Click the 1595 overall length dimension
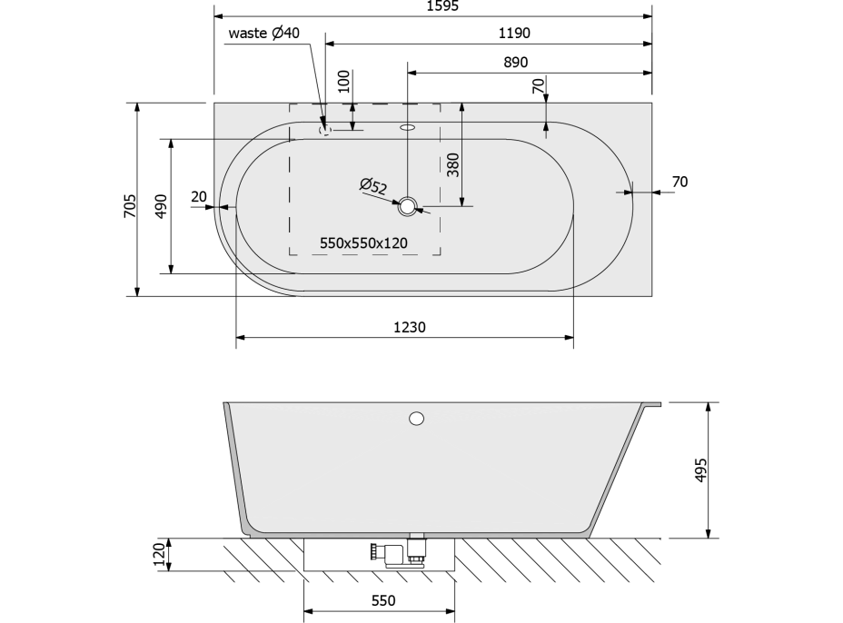click(x=442, y=6)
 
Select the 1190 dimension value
click(x=514, y=34)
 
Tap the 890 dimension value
click(x=516, y=63)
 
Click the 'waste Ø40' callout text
click(x=264, y=33)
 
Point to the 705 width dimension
click(x=130, y=206)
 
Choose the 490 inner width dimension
click(x=162, y=206)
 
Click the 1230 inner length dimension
click(x=410, y=327)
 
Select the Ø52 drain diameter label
click(x=373, y=186)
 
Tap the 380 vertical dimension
click(x=453, y=165)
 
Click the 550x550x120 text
click(x=363, y=243)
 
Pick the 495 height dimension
click(x=700, y=470)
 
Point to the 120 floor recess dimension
click(x=159, y=555)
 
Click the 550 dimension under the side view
click(x=383, y=600)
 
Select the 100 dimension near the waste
click(x=344, y=82)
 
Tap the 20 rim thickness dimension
click(x=199, y=197)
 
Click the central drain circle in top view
click(x=408, y=206)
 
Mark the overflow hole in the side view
click(x=417, y=418)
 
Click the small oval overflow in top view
click(x=408, y=128)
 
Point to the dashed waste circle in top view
click(x=324, y=130)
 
